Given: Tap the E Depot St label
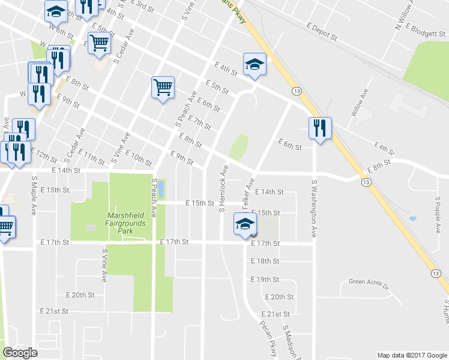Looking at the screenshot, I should (x=321, y=31).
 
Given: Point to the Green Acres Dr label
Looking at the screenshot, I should (x=369, y=282).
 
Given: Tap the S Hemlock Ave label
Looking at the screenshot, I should (x=223, y=189).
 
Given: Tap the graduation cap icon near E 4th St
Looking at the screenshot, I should (x=255, y=64).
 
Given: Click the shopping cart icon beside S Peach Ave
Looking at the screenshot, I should (x=163, y=87).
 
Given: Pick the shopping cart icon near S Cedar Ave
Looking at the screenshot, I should (x=99, y=43).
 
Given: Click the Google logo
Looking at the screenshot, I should (x=20, y=352).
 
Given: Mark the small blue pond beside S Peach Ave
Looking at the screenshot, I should (x=161, y=188).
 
